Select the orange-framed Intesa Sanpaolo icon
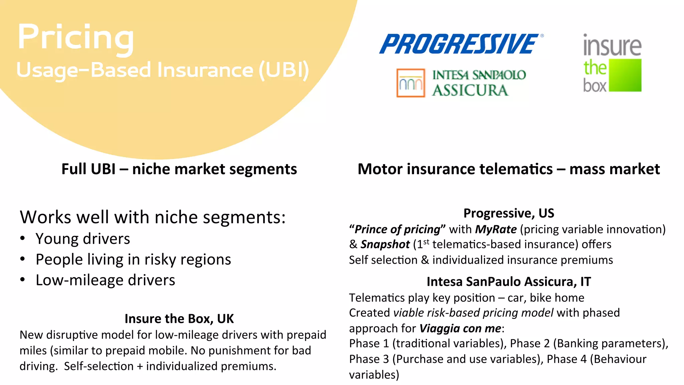point(410,83)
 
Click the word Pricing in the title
point(76,37)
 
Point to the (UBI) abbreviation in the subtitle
point(284,70)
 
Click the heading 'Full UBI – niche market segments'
point(179,169)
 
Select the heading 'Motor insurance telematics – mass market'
point(508,169)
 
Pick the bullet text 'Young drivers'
point(83,239)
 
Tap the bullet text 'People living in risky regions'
point(133,260)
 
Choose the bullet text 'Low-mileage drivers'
point(105,280)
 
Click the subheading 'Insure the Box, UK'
point(179,319)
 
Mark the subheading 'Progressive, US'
point(508,213)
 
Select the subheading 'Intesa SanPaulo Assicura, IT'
point(508,282)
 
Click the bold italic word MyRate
point(496,230)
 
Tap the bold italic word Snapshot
point(385,245)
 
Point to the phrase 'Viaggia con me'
point(460,329)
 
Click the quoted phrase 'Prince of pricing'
point(397,230)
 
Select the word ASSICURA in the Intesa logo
point(470,90)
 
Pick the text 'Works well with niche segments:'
point(153,217)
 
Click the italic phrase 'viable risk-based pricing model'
point(473,313)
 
